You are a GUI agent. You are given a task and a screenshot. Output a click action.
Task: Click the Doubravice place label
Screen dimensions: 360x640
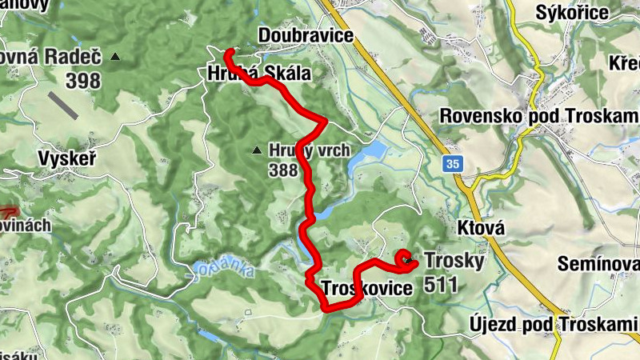point(306,37)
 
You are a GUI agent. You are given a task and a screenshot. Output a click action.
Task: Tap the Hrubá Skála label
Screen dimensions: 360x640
point(258,74)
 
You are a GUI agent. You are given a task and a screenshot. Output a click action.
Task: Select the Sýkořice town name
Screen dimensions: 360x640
point(573,12)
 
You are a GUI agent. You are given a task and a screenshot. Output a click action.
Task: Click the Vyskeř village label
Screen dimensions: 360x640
point(67,159)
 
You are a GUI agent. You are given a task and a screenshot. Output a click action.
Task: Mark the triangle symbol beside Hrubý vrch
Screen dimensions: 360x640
point(256,150)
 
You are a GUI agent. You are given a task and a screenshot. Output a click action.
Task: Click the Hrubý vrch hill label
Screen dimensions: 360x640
point(309,150)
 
